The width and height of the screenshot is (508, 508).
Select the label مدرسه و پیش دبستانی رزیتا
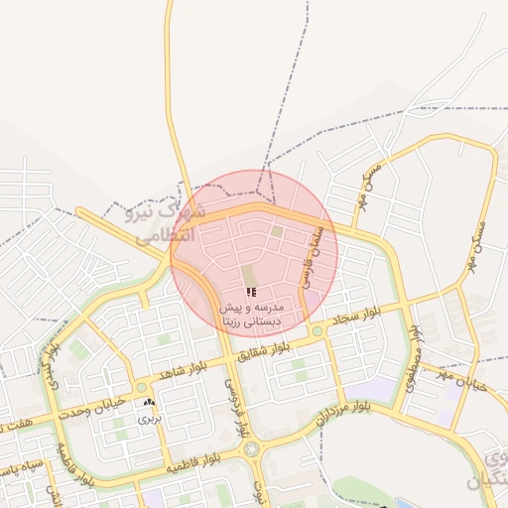point(252,316)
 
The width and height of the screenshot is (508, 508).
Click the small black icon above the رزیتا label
point(252,293)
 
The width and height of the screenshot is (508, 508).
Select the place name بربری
point(149,420)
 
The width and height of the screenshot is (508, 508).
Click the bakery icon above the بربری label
point(149,403)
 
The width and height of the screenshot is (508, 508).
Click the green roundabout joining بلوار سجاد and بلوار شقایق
point(317,330)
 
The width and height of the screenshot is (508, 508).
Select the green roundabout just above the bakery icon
point(142,387)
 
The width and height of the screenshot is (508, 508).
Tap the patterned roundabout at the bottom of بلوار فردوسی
point(251,449)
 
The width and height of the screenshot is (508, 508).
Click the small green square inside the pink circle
point(278,231)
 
